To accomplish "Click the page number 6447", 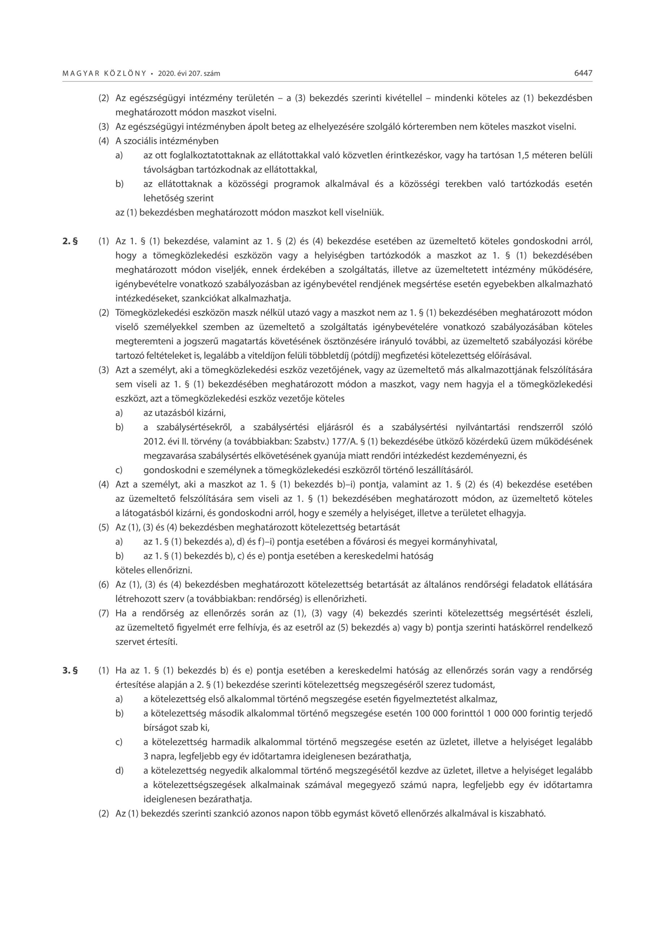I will click(583, 73).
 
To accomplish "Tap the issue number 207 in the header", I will click(195, 74).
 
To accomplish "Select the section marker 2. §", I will click(70, 242).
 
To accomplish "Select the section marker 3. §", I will click(70, 671).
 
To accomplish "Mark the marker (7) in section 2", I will click(104, 613).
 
